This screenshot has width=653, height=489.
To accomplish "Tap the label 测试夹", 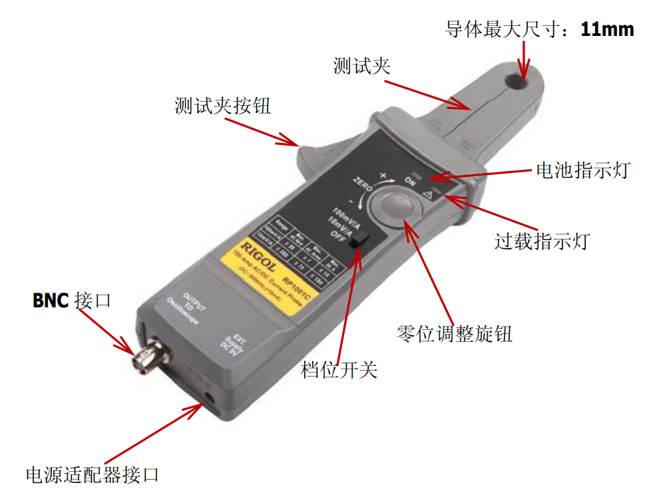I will (x=361, y=65).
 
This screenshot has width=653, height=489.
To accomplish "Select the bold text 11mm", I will (x=607, y=29).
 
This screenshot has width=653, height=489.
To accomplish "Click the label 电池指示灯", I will (x=582, y=170).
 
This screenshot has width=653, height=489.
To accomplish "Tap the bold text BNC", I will (x=51, y=301).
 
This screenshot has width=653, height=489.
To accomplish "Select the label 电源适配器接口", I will (x=93, y=474).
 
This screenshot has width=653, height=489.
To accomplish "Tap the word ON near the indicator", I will (x=411, y=181).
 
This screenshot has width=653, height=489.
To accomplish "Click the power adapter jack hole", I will (x=212, y=398).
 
